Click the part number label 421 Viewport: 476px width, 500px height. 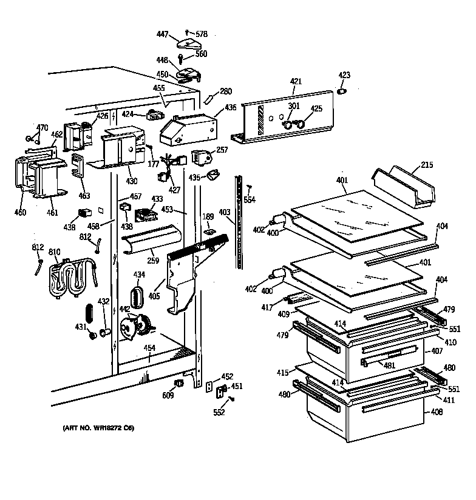(x=295, y=81)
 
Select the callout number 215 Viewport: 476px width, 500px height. (x=427, y=165)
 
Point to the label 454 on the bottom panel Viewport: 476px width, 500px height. (x=149, y=348)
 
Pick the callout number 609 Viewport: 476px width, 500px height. (x=168, y=396)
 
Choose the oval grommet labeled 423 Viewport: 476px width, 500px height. (x=342, y=91)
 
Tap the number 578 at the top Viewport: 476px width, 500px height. (x=201, y=34)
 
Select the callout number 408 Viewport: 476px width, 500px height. (x=436, y=412)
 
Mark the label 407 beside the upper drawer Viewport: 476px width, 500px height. (x=436, y=351)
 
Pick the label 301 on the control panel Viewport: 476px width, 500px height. (x=294, y=107)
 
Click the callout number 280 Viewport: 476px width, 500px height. (x=225, y=92)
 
